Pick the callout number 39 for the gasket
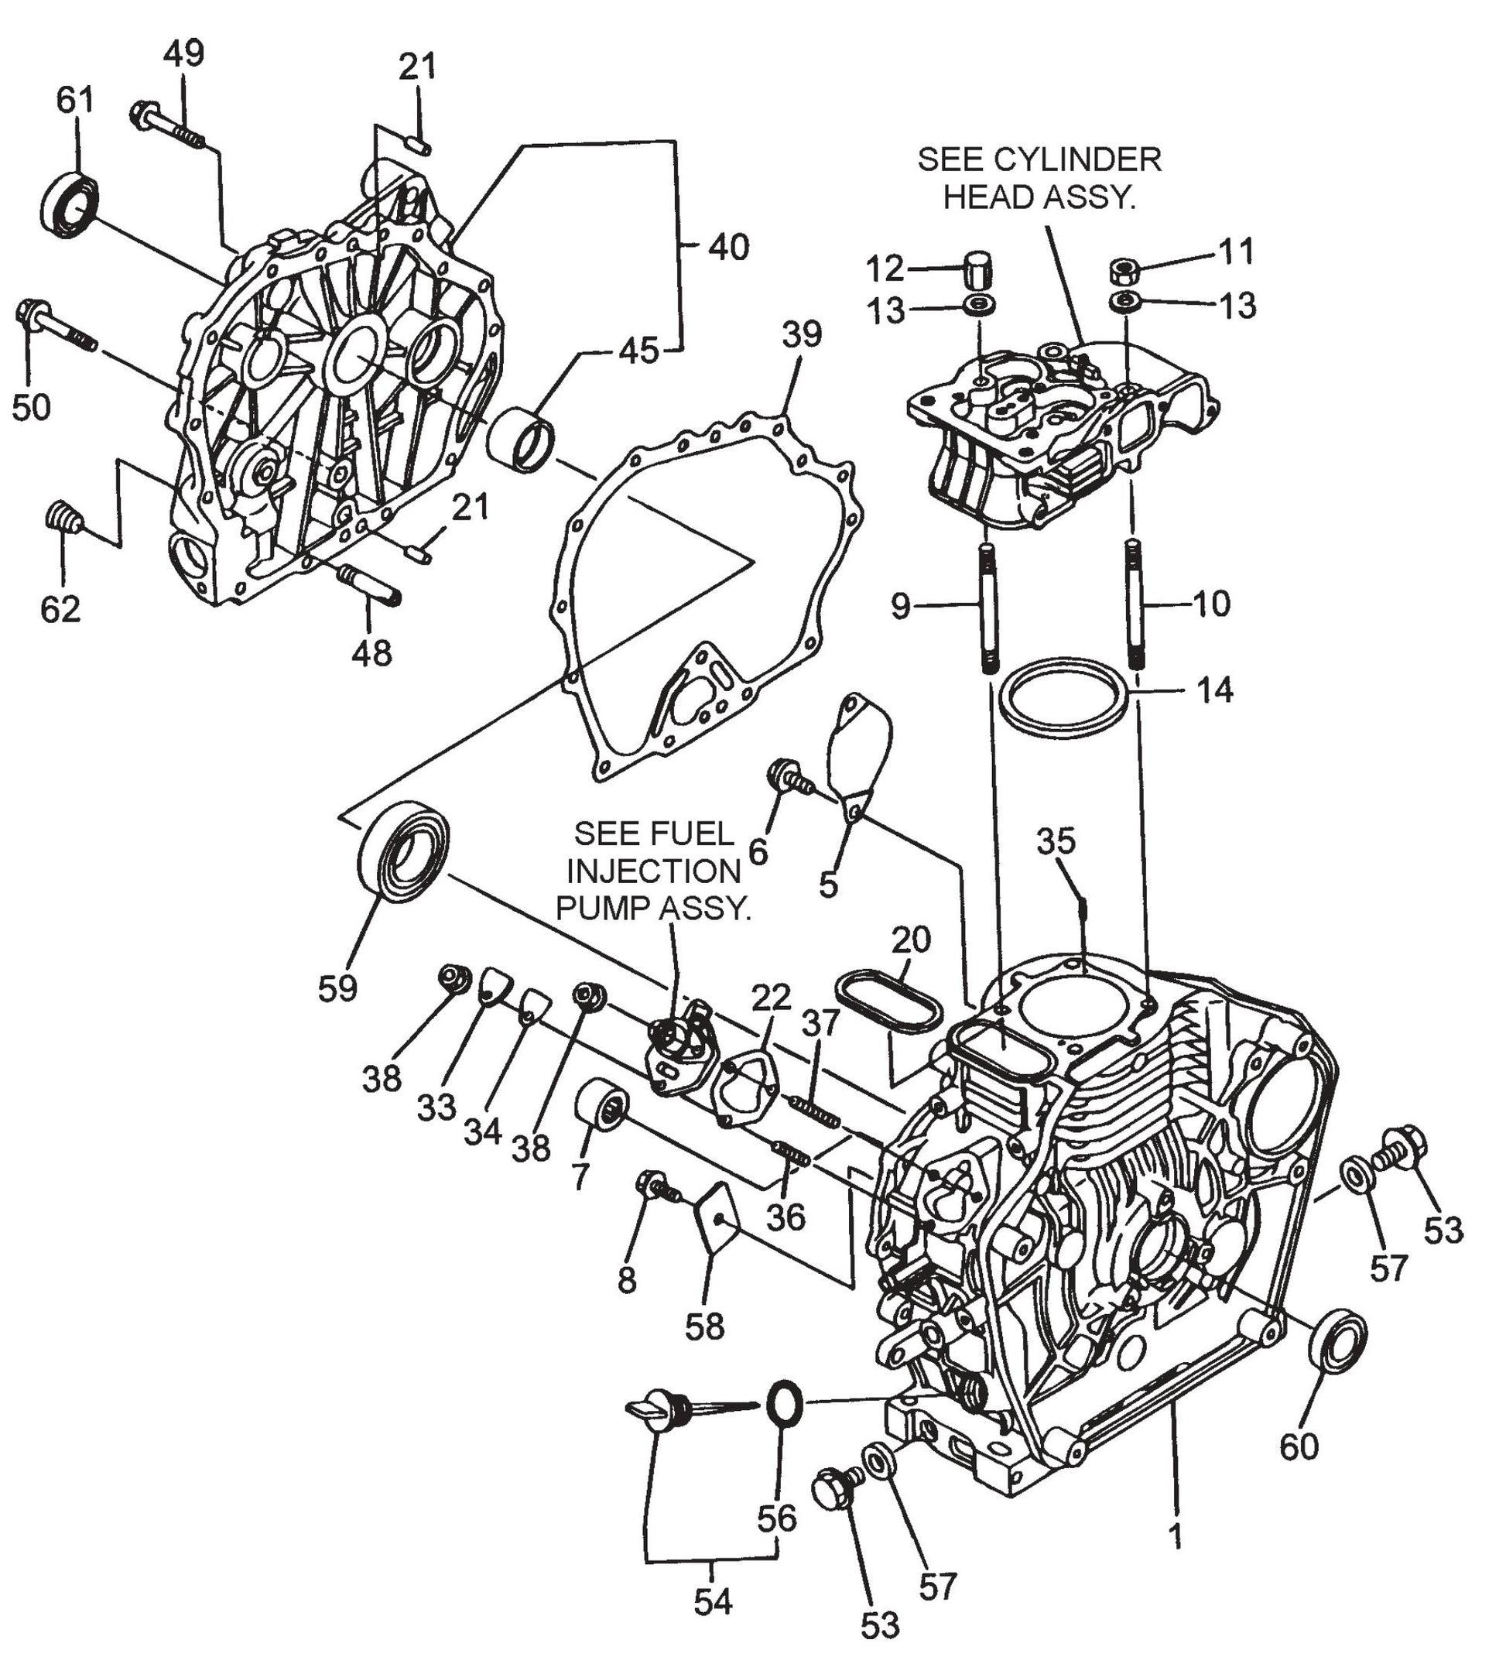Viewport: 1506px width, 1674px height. coord(801,334)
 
